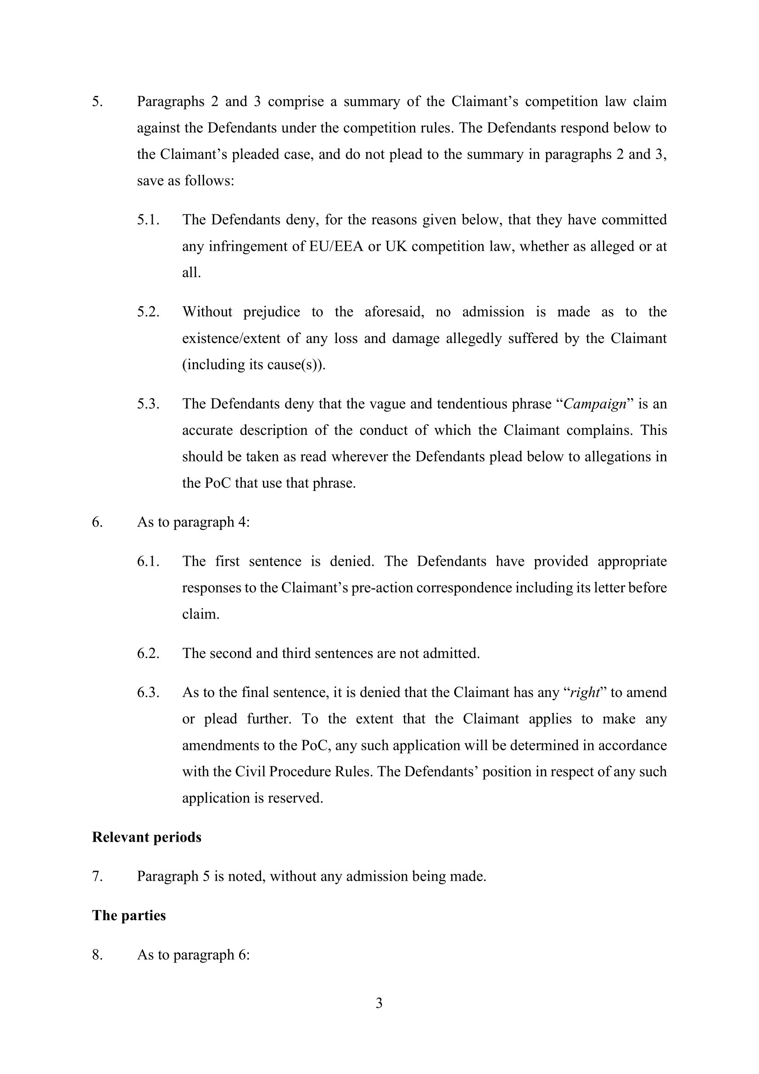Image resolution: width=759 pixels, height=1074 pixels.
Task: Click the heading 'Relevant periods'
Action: click(x=146, y=837)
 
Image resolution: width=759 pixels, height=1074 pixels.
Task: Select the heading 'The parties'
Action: click(x=128, y=915)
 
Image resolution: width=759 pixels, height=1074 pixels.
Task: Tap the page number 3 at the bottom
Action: click(x=379, y=1003)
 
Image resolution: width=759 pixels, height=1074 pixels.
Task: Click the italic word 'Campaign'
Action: click(x=594, y=404)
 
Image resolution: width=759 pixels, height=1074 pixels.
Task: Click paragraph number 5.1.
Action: click(x=148, y=220)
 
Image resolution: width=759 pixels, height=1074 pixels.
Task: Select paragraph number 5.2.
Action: click(x=148, y=312)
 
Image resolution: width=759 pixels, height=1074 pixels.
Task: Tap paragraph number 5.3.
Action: click(x=148, y=404)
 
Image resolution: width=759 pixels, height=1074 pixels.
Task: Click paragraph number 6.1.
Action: click(x=148, y=561)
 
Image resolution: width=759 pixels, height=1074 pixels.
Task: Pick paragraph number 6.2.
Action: click(x=148, y=653)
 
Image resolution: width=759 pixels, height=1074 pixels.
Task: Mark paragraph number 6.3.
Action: click(x=148, y=692)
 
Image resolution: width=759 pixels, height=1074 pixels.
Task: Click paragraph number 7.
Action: click(x=97, y=876)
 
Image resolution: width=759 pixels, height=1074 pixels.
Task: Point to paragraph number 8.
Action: click(x=97, y=955)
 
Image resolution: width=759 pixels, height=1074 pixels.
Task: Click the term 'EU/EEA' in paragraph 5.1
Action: click(x=336, y=246)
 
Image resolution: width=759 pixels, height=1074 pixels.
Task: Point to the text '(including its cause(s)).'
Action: click(x=253, y=365)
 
